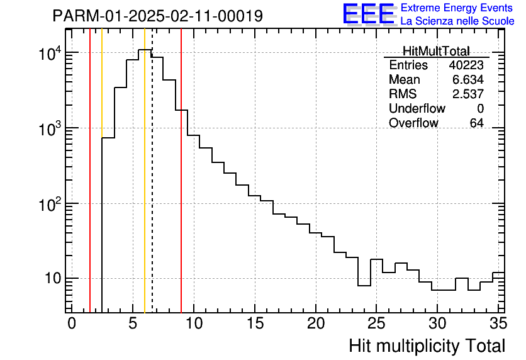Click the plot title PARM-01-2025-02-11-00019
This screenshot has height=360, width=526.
[158, 15]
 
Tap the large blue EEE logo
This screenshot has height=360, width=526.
[368, 14]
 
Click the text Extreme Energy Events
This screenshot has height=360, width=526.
[457, 8]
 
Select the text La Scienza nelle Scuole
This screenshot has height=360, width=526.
[457, 21]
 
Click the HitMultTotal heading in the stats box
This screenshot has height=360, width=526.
[436, 52]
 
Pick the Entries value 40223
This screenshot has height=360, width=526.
[466, 65]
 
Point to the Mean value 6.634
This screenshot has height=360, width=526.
[468, 80]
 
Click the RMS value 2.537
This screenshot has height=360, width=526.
[468, 94]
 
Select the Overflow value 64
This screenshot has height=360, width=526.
[476, 123]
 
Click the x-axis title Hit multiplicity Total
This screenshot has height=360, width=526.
[427, 346]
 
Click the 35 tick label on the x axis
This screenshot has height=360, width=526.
[498, 323]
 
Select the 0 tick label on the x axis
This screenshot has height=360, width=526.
[72, 323]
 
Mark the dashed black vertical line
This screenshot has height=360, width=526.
[152, 189]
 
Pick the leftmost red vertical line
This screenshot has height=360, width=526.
[90, 189]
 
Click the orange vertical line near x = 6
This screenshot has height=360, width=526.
[145, 189]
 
